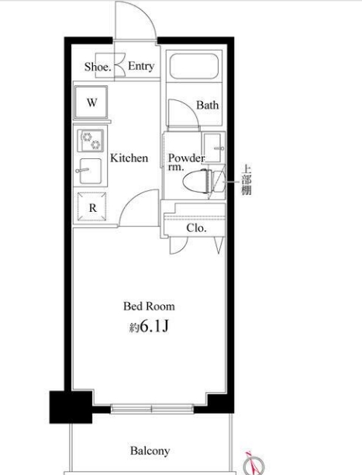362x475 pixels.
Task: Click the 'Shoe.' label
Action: coord(98,67)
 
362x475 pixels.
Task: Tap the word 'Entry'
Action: coord(141,66)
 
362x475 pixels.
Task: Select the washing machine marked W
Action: coord(91,102)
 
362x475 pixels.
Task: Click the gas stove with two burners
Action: coord(91,140)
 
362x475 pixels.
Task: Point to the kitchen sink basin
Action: coord(91,172)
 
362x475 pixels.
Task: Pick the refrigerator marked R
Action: coord(92,207)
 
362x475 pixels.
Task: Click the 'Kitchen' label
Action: coord(129,158)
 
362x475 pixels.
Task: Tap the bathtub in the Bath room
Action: coord(194,66)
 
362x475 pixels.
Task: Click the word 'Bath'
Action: coord(207,105)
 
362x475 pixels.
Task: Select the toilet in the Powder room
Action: coord(205,181)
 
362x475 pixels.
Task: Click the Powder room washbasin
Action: coord(213,147)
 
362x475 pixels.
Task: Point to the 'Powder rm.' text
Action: coord(186,162)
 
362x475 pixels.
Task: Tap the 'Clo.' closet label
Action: coord(196,228)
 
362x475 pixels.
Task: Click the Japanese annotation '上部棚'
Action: coord(246,179)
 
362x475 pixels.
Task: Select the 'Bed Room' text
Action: coord(149,307)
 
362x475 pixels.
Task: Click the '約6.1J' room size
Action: coord(149,327)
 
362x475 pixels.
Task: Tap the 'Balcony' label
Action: coord(150,451)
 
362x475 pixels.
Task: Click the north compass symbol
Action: coord(255,464)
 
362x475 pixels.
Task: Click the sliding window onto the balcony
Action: coord(152,409)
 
